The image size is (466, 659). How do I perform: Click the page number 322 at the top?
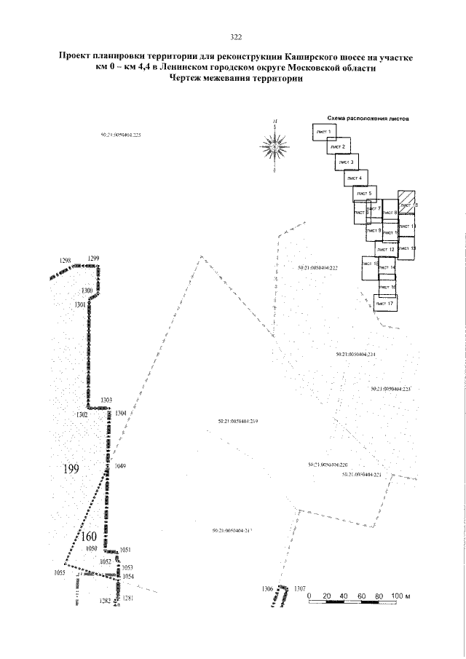click(x=235, y=38)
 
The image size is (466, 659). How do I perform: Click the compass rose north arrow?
click(x=275, y=147)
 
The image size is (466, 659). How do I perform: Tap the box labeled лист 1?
click(x=325, y=132)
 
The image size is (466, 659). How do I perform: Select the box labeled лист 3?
click(x=347, y=162)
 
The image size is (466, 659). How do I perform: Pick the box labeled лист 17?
click(x=385, y=303)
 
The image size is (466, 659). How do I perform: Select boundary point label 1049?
click(x=120, y=467)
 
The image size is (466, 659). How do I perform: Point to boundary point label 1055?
click(x=60, y=573)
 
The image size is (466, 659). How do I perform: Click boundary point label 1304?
click(x=120, y=413)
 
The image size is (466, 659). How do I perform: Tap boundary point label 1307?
click(x=300, y=588)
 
